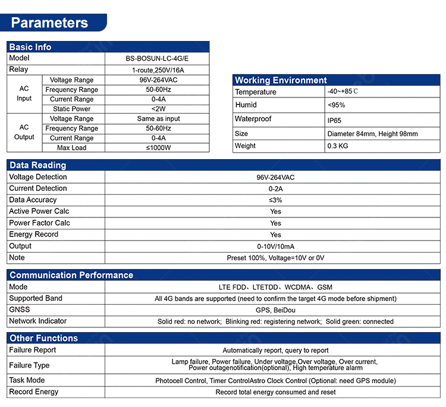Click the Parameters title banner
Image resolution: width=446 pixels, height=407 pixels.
tap(50, 23)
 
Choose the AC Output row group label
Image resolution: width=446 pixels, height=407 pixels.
tap(24, 132)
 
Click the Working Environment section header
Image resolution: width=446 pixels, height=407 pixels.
tap(281, 80)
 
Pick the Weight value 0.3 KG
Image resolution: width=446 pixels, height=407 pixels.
tap(338, 146)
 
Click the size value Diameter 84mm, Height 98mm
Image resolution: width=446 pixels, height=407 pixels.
tap(372, 134)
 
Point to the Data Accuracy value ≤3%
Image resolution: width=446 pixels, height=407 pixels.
tap(275, 200)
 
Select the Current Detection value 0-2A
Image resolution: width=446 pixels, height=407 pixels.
tap(275, 188)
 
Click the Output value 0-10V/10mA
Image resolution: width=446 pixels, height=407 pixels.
tap(275, 247)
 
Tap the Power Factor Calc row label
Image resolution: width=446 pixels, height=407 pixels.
tap(39, 223)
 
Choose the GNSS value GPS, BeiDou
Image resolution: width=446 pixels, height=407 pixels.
tap(275, 310)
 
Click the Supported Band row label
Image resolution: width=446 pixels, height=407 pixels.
tap(36, 298)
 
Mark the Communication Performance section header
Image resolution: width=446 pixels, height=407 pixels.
tap(71, 275)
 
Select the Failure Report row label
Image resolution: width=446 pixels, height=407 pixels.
tap(33, 350)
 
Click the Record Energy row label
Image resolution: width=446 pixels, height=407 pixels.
tap(34, 392)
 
